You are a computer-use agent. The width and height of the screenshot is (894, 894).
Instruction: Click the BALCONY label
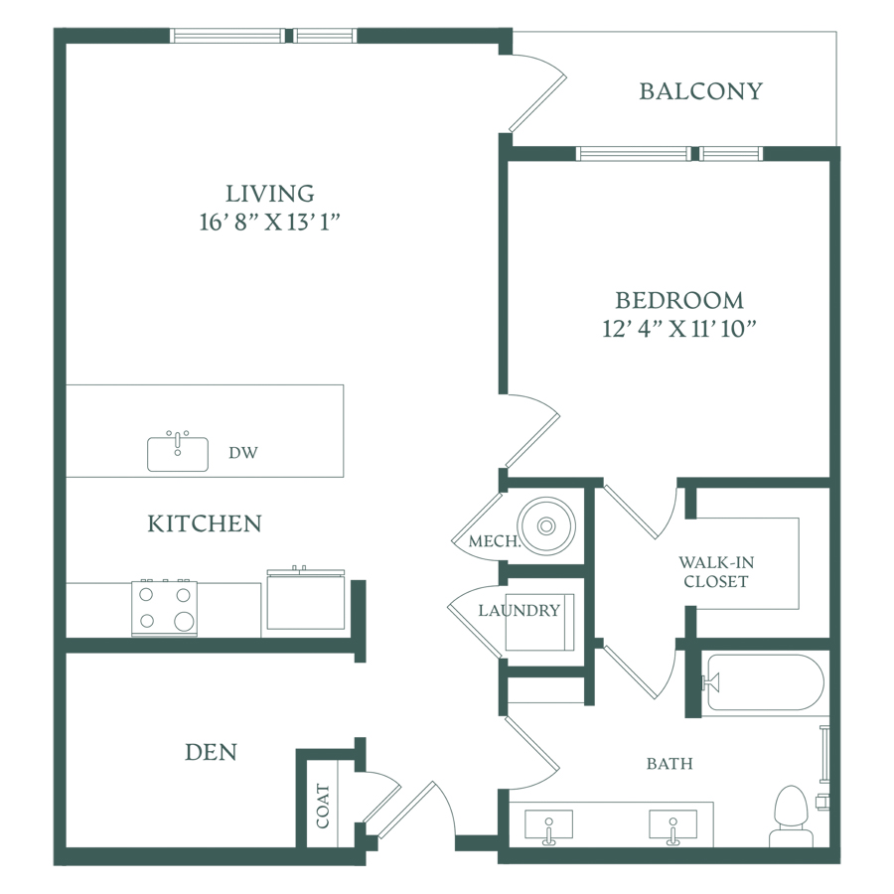[x=700, y=91]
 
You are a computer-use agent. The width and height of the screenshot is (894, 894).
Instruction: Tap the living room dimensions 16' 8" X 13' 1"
[x=269, y=222]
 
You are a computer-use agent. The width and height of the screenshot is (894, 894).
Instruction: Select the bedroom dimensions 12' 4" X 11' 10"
[x=679, y=329]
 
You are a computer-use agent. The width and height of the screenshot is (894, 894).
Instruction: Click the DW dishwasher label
[x=243, y=453]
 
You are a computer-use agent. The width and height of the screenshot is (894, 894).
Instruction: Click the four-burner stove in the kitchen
[x=164, y=608]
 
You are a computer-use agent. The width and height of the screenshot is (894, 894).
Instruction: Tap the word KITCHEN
[x=205, y=523]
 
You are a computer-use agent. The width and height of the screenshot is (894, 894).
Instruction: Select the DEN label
[x=211, y=752]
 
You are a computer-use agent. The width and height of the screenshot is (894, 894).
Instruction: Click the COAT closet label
[x=323, y=806]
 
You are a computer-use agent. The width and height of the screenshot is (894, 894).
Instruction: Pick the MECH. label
[x=495, y=541]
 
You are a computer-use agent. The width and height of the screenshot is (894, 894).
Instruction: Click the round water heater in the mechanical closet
[x=546, y=525]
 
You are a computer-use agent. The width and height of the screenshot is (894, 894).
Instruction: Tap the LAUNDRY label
[x=519, y=611]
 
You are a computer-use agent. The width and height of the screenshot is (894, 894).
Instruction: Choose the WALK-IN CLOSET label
[x=716, y=572]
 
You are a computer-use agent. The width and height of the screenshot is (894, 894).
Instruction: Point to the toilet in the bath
[x=792, y=817]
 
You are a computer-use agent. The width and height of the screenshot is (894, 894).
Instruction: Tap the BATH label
[x=670, y=764]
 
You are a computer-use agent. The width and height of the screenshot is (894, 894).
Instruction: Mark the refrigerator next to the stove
[x=306, y=600]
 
